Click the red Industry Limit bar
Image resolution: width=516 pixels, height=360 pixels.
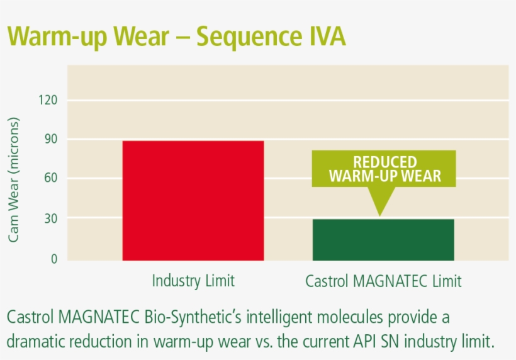(x=193, y=200)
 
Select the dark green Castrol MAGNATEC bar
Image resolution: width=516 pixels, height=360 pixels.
(x=383, y=240)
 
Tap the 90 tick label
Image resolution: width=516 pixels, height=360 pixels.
(x=50, y=139)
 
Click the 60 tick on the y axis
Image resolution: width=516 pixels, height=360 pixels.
(x=50, y=178)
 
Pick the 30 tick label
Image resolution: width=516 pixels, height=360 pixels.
(x=50, y=219)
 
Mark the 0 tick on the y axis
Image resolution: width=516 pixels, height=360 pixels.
(x=53, y=259)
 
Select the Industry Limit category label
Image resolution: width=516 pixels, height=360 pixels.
(x=193, y=281)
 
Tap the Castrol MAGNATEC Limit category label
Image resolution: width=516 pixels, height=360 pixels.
(x=383, y=281)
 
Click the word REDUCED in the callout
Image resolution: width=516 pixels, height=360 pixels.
(x=384, y=162)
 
